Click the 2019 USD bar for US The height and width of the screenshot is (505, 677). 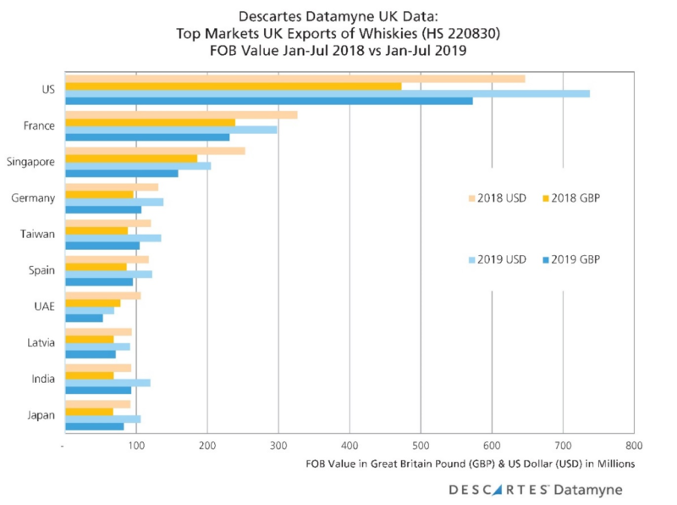pos(327,93)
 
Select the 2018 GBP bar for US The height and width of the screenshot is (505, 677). pos(233,86)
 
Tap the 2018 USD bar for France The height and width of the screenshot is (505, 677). pos(181,114)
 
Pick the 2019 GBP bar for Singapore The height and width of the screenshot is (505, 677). pos(121,173)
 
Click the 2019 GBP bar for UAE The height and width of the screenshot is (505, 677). pos(84,318)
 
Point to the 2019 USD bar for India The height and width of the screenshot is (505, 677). pos(107,382)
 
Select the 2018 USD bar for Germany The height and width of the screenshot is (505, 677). pos(112,186)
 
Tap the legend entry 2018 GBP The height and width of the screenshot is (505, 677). pos(575,197)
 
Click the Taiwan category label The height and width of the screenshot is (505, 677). pos(40,234)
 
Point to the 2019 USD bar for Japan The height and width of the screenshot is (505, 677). pos(102,419)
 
